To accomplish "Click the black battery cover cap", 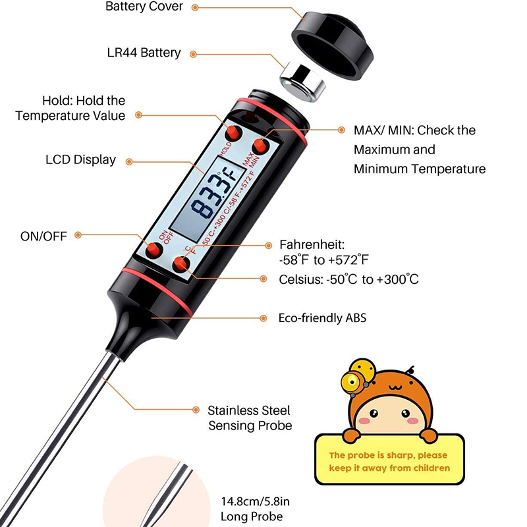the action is pyautogui.click(x=333, y=45).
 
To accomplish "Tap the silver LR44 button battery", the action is pyautogui.click(x=302, y=83).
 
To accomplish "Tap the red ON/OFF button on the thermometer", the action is pyautogui.click(x=154, y=250).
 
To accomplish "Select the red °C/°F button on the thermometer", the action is pyautogui.click(x=180, y=265).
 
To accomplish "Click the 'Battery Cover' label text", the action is pyautogui.click(x=144, y=7).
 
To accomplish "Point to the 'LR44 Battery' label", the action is pyautogui.click(x=144, y=53).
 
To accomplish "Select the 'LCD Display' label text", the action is pyautogui.click(x=80, y=159).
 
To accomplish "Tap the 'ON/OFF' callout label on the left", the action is pyautogui.click(x=43, y=236).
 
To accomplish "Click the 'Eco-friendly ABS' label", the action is pyautogui.click(x=322, y=318).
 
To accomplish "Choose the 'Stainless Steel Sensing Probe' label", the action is pyautogui.click(x=250, y=418).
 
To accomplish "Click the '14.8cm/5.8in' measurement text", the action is pyautogui.click(x=256, y=501).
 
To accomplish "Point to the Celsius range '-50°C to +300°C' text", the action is pyautogui.click(x=372, y=279).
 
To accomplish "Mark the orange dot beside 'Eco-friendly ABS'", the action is pyautogui.click(x=263, y=318).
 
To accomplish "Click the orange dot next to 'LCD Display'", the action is pyautogui.click(x=129, y=162).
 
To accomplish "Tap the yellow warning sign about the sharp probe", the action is pyautogui.click(x=390, y=459).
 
